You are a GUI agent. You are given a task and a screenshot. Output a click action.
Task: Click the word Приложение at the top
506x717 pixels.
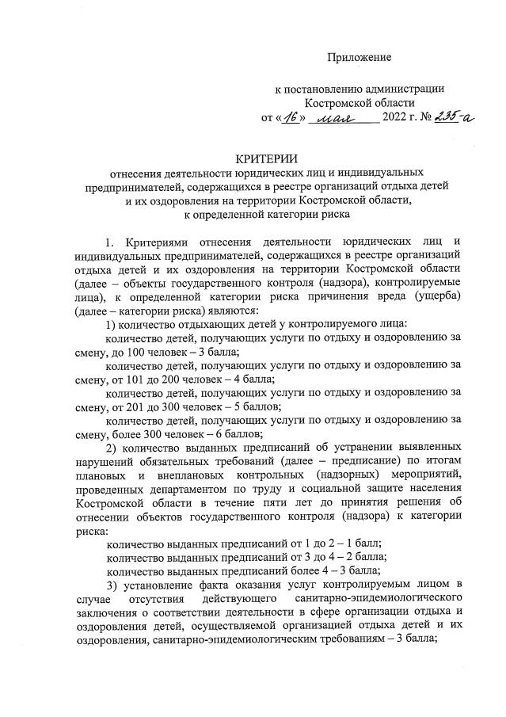[x=360, y=58]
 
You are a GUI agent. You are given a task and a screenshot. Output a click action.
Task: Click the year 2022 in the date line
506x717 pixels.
[x=396, y=119]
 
